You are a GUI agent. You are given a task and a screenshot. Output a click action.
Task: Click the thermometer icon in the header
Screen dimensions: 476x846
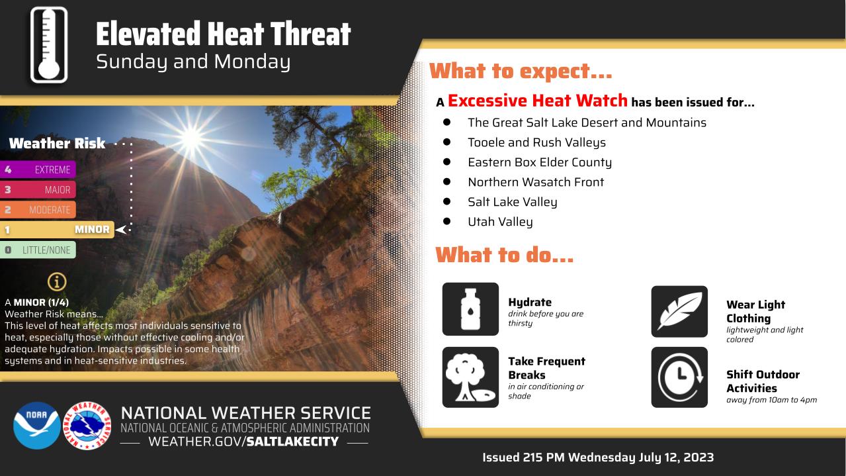tap(49, 45)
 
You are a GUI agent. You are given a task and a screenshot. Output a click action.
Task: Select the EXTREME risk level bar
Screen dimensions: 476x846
tap(38, 169)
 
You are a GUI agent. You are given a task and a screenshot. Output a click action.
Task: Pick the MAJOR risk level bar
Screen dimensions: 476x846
tap(38, 190)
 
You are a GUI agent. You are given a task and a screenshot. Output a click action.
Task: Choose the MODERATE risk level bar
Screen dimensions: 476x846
tap(38, 210)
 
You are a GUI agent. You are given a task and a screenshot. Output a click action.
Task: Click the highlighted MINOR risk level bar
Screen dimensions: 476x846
tap(57, 230)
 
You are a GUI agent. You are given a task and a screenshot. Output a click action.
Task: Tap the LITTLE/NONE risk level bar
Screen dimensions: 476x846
tap(38, 250)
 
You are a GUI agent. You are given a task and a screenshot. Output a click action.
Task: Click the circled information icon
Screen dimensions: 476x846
tap(57, 281)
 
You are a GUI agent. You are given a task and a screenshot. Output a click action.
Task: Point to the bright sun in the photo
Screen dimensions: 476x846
tap(191, 138)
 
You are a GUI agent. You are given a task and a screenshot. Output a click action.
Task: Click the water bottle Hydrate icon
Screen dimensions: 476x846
tap(470, 309)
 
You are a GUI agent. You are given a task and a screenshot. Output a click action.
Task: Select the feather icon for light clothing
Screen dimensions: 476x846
tap(679, 312)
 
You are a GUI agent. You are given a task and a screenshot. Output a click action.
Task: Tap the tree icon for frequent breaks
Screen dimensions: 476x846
tap(470, 377)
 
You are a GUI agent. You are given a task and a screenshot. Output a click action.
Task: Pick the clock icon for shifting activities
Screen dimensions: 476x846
tap(679, 377)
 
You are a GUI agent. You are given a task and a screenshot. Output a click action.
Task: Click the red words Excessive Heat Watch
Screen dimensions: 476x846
tap(537, 101)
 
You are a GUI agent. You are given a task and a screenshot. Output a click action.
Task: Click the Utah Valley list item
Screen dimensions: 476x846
tap(500, 222)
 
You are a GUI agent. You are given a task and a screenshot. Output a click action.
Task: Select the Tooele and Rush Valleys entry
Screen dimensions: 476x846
tap(536, 142)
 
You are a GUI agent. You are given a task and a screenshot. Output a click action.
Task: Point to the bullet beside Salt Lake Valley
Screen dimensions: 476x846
tap(446, 202)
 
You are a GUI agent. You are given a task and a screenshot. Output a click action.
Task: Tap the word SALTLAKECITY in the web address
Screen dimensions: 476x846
tap(292, 442)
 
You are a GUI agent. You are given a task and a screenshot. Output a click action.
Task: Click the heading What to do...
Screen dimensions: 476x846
tap(504, 255)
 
